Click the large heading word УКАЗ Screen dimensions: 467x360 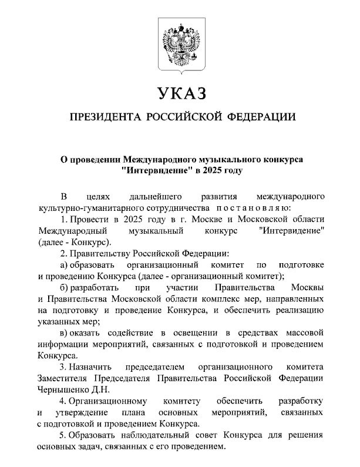pos(180,94)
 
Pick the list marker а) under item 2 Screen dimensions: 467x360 pos(65,265)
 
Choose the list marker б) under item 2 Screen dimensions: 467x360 pos(65,288)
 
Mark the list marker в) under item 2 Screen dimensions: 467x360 pos(65,333)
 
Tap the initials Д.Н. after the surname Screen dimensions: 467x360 pos(98,389)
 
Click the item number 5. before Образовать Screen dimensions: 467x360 pos(63,435)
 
